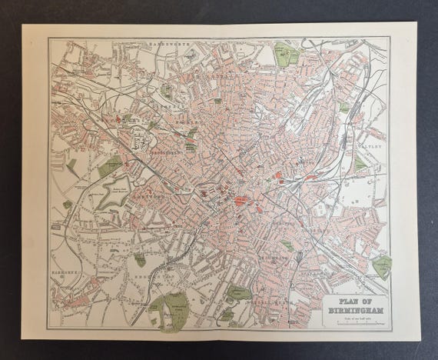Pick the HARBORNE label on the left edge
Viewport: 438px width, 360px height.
click(x=63, y=271)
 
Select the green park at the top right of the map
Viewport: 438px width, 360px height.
click(x=287, y=54)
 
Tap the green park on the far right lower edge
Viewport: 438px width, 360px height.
click(x=381, y=266)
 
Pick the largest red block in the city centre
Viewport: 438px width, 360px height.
click(x=241, y=201)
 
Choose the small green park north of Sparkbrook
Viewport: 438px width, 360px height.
click(x=287, y=245)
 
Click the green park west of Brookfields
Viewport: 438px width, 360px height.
click(x=109, y=165)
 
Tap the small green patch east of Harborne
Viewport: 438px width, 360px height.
click(x=139, y=260)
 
